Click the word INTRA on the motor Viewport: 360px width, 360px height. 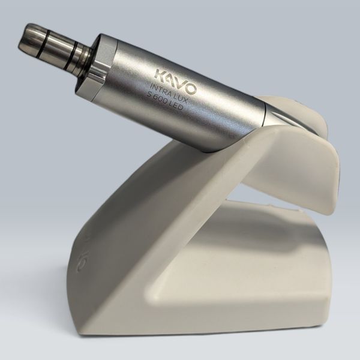(x=160, y=90)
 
